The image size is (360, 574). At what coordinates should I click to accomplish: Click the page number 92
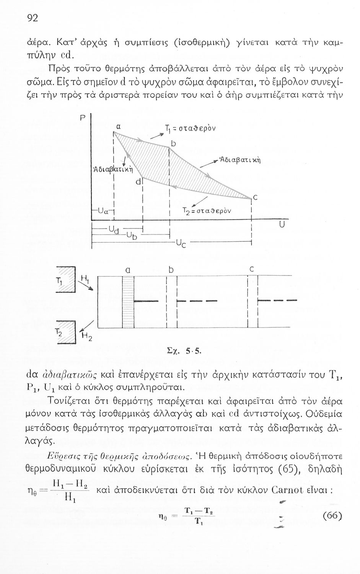[33, 18]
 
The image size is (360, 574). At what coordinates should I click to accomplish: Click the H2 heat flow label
[86, 337]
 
